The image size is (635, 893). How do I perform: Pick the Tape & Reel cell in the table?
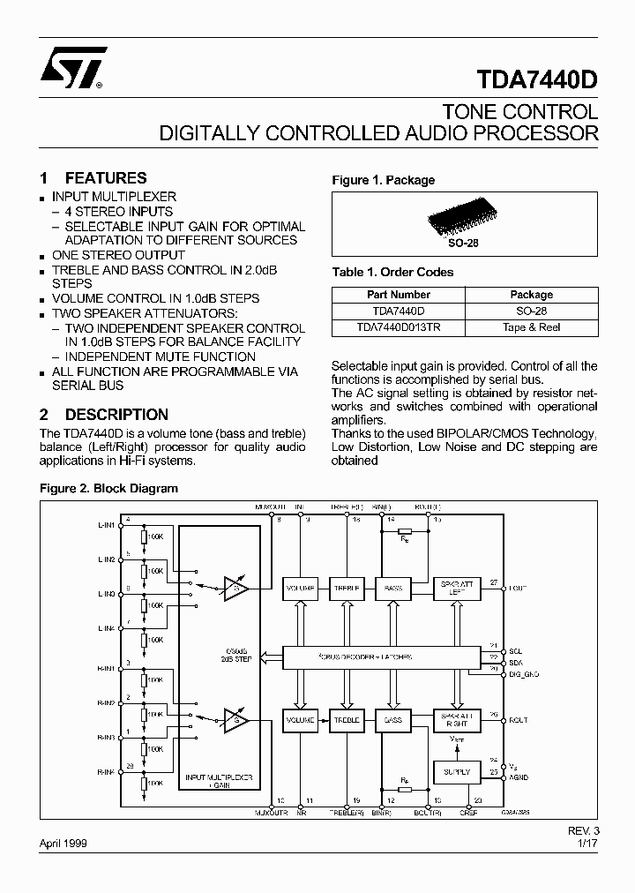[531, 327]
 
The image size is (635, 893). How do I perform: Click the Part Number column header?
[398, 295]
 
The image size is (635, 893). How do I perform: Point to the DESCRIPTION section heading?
[116, 414]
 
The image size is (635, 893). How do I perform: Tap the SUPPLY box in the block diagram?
[456, 771]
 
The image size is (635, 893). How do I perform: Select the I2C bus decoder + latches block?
[382, 657]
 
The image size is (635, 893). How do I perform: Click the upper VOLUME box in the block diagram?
[301, 587]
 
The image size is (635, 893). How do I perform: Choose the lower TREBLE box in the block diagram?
[347, 720]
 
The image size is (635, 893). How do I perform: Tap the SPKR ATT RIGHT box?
[456, 720]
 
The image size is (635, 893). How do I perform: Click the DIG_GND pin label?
[524, 672]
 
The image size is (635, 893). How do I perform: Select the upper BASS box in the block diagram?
[393, 587]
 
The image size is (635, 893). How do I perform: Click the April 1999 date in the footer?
[63, 844]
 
